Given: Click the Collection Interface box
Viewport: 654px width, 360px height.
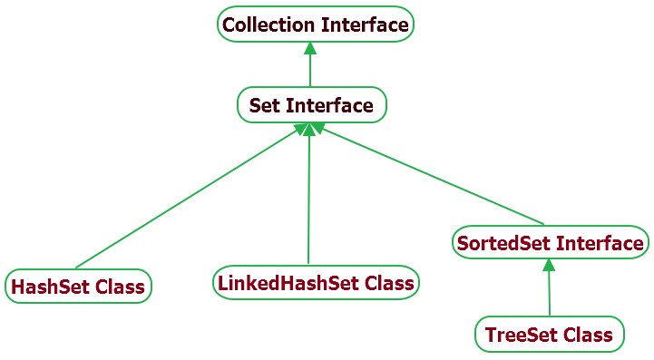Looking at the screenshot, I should click(316, 24).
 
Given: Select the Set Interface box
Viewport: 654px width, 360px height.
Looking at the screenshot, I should click(311, 105).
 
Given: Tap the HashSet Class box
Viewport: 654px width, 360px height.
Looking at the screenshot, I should click(77, 287).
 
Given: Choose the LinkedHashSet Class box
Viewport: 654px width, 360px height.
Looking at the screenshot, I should click(316, 283).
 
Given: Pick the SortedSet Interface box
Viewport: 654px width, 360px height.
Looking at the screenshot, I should click(551, 243).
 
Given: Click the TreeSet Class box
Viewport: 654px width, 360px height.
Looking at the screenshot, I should click(550, 335).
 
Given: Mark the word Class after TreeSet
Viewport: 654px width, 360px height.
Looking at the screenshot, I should click(588, 335).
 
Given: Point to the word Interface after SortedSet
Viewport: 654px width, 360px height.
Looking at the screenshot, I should click(600, 243).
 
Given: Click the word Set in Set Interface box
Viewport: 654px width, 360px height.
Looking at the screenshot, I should click(264, 105).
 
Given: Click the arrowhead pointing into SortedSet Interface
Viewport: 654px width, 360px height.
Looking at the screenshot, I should click(548, 265).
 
